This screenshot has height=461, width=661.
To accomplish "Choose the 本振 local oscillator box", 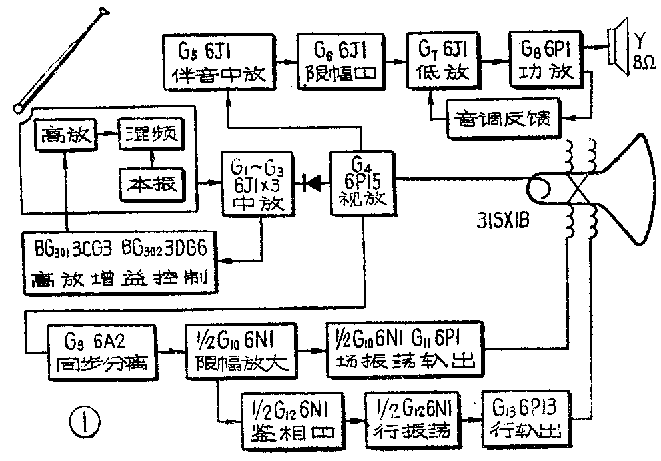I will pyautogui.click(x=151, y=181).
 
